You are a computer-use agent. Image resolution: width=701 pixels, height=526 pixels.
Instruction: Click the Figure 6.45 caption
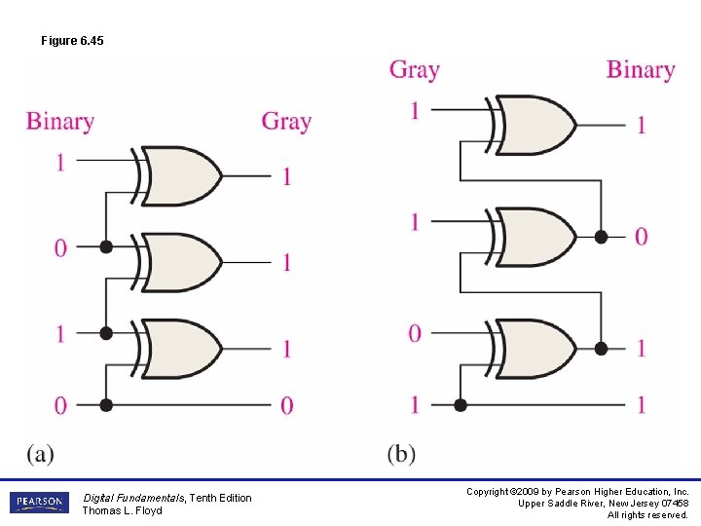click(72, 41)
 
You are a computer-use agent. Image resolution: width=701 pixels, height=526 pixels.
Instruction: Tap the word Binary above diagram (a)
click(60, 122)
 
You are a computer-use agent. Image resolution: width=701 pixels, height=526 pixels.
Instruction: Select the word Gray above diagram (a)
click(286, 122)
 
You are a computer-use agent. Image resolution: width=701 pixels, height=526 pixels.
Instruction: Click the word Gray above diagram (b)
click(415, 70)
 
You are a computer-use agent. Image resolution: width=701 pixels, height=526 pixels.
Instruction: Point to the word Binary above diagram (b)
click(641, 70)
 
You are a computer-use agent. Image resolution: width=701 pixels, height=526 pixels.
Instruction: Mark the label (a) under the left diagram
click(40, 453)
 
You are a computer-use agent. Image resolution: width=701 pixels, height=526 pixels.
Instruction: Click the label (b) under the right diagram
click(401, 453)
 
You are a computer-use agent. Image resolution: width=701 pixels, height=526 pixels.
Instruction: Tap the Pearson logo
click(38, 503)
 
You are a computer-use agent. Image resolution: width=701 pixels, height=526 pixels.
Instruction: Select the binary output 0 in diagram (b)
click(641, 236)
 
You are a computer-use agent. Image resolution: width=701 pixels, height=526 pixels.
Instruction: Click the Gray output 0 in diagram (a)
click(286, 405)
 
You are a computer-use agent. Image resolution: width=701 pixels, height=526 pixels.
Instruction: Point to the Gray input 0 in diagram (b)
click(415, 334)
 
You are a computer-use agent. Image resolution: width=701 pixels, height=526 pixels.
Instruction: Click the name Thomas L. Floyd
click(123, 510)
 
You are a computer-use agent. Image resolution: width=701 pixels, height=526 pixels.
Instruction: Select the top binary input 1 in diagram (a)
click(60, 162)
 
